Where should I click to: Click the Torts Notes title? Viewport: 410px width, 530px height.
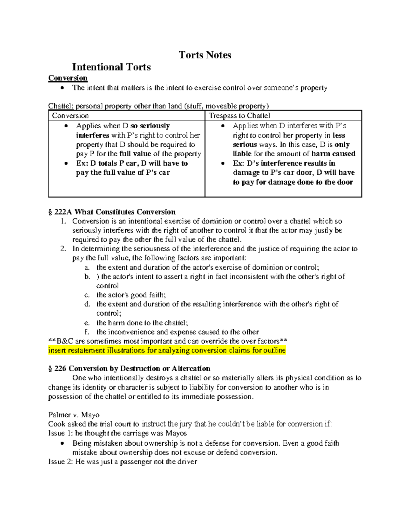pyautogui.click(x=205, y=55)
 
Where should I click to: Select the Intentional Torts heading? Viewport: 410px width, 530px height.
pyautogui.click(x=111, y=67)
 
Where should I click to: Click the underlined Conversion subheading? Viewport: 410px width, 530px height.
pyautogui.click(x=68, y=78)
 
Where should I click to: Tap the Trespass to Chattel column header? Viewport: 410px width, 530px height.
pyautogui.click(x=239, y=116)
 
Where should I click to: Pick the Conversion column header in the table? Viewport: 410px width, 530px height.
pyautogui.click(x=70, y=116)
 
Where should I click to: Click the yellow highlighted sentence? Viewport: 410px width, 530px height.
pyautogui.click(x=167, y=350)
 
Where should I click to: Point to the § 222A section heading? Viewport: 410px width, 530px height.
pyautogui.click(x=112, y=212)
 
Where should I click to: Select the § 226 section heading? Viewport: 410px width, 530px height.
pyautogui.click(x=129, y=369)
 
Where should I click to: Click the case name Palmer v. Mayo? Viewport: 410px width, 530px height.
pyautogui.click(x=74, y=415)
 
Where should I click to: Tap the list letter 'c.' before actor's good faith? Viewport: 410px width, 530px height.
pyautogui.click(x=87, y=295)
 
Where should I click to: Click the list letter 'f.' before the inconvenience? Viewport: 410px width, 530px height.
pyautogui.click(x=87, y=332)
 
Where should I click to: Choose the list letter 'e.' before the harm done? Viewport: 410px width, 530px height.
pyautogui.click(x=87, y=323)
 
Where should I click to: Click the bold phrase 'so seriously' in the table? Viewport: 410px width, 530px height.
pyautogui.click(x=150, y=126)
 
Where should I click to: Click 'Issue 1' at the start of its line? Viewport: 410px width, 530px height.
pyautogui.click(x=57, y=433)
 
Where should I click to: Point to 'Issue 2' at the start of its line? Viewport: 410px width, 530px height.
pyautogui.click(x=57, y=462)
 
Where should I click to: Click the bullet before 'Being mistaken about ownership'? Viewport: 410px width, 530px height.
pyautogui.click(x=62, y=444)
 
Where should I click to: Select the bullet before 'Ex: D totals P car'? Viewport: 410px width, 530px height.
pyautogui.click(x=66, y=163)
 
